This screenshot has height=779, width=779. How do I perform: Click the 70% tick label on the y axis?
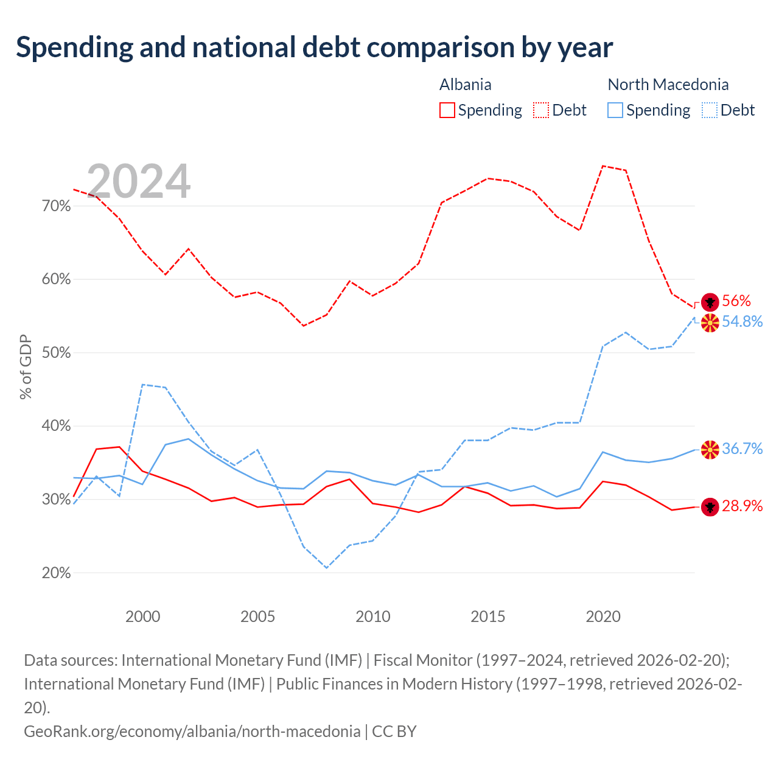point(56,206)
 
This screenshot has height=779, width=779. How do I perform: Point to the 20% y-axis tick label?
point(56,573)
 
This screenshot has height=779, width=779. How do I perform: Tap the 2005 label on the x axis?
point(257,617)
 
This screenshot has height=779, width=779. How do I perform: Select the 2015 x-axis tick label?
point(488,617)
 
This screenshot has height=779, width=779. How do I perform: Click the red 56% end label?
point(736,301)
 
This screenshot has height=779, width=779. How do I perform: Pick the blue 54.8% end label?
point(742,321)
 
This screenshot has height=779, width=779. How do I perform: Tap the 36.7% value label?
point(742,449)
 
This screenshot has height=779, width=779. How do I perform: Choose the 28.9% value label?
point(742,506)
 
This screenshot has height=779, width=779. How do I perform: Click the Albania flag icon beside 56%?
point(710,302)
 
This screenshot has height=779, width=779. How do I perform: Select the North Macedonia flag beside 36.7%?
point(710,450)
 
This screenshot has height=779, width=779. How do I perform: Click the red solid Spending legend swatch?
point(447,110)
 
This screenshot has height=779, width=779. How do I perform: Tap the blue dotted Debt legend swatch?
point(710,110)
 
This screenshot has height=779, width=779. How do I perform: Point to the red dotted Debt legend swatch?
point(541,110)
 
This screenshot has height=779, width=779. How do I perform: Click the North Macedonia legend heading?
point(668,85)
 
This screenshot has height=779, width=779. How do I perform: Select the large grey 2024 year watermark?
point(138,181)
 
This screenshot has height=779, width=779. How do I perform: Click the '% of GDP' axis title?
point(26,366)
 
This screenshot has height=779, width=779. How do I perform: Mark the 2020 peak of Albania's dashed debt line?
point(603,166)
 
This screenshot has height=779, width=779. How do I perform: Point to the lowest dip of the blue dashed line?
point(327,568)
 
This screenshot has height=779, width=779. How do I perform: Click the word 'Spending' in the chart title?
point(75,48)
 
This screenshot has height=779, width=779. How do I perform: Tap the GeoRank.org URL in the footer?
point(192,732)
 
